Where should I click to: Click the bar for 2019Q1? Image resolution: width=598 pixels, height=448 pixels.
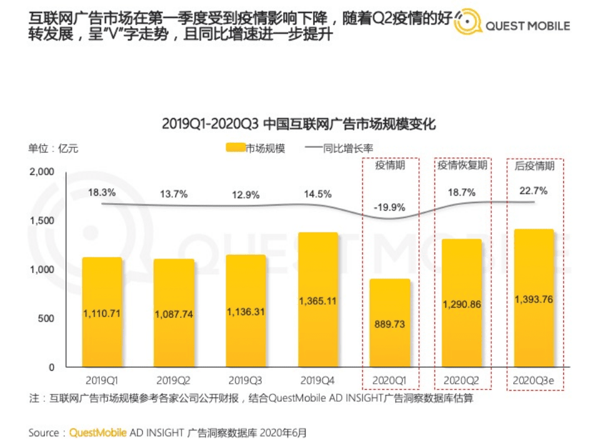(x=103, y=312)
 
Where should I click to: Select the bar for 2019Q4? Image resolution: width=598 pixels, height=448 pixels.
(x=318, y=299)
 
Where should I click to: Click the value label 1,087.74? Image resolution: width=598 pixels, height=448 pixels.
(x=175, y=315)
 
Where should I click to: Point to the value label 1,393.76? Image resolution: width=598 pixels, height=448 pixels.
(x=534, y=300)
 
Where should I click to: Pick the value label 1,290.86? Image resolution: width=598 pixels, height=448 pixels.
(x=462, y=305)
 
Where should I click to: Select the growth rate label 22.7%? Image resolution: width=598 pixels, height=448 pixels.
(x=534, y=191)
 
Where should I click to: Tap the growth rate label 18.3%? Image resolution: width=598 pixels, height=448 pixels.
(x=102, y=193)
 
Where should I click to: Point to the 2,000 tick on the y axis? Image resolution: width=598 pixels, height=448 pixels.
(x=43, y=171)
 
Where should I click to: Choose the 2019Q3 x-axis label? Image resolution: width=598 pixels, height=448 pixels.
(x=246, y=380)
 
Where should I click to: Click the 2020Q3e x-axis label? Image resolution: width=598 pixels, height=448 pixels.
(x=534, y=380)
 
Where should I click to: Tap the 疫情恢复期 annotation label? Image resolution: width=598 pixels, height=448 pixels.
(x=462, y=166)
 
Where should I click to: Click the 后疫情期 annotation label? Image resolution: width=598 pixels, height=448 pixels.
(x=534, y=166)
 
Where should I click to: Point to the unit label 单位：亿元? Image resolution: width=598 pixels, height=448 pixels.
(x=53, y=148)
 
